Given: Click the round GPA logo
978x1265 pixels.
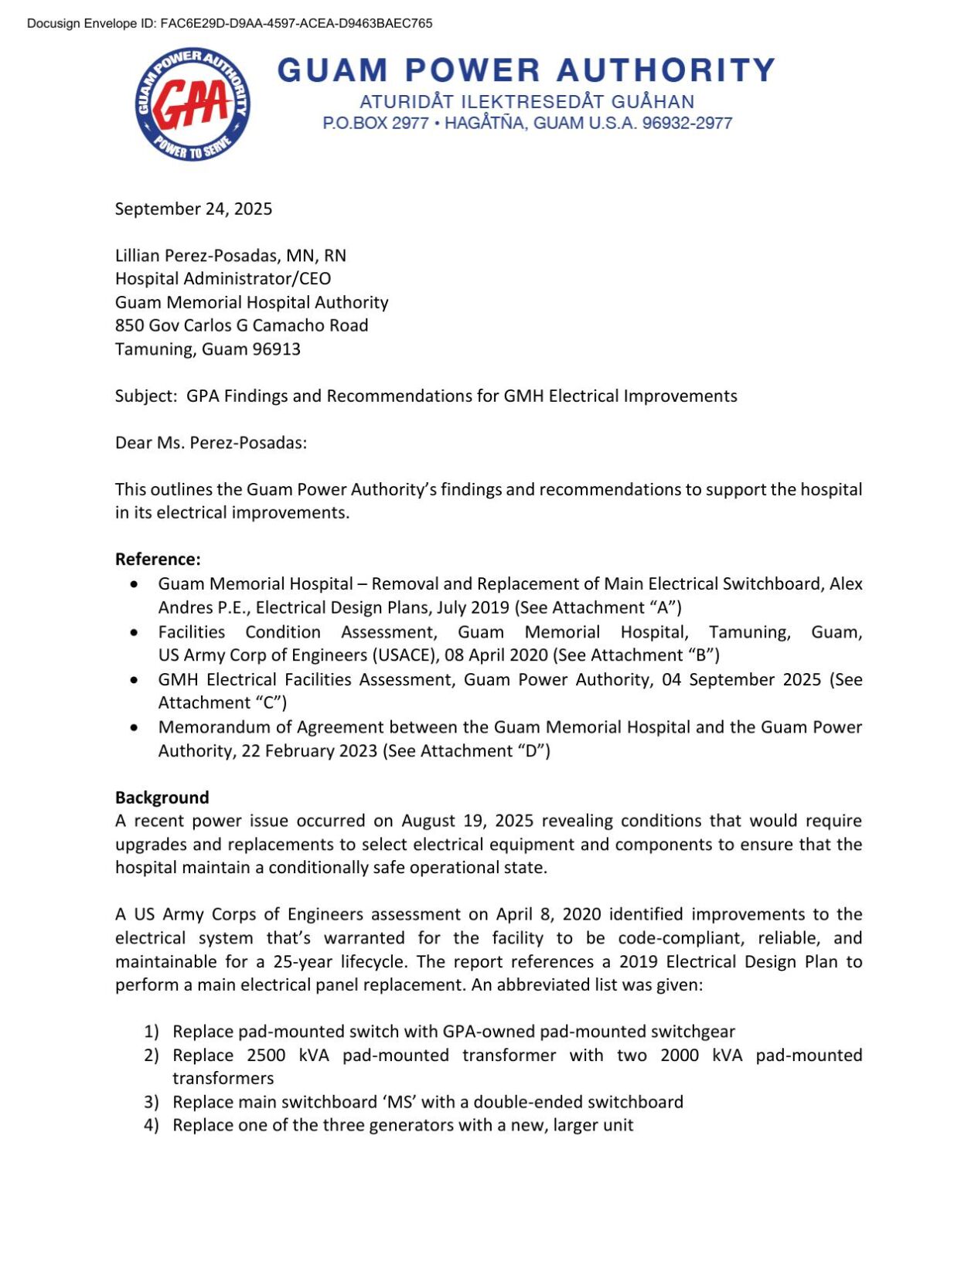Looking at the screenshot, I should [x=192, y=104].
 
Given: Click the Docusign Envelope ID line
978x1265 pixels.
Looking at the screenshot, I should [x=230, y=23].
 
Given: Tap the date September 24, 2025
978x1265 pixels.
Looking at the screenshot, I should [x=193, y=209].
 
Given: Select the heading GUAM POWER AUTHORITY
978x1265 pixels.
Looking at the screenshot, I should [x=526, y=70].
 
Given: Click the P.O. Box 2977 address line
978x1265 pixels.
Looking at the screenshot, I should [x=527, y=123].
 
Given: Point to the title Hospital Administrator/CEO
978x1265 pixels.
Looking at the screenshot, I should [x=223, y=278].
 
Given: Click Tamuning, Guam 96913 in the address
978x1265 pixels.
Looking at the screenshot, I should [x=207, y=349].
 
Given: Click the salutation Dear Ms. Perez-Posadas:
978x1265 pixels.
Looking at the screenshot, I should [x=210, y=443].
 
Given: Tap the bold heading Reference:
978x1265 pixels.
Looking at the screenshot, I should [x=158, y=559].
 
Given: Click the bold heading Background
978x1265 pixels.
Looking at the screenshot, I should [x=162, y=797].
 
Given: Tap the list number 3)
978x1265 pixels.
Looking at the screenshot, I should [x=151, y=1101].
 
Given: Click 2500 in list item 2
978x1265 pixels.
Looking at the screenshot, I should [x=267, y=1055].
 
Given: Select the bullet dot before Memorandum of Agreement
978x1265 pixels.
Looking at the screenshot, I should [x=135, y=727].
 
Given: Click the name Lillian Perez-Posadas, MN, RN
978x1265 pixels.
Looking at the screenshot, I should [x=230, y=255].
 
